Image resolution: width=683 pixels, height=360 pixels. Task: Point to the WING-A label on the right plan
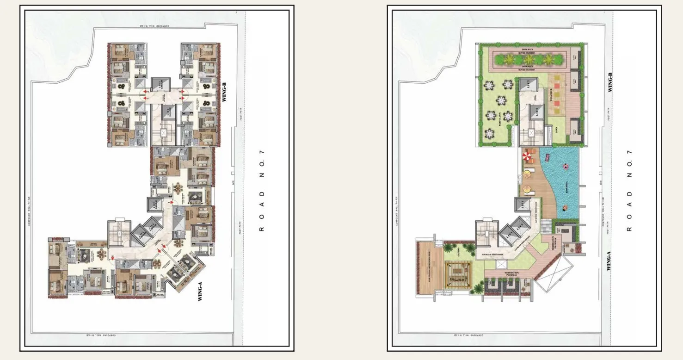pyautogui.click(x=609, y=261)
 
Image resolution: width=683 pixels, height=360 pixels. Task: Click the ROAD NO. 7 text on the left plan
pyautogui.click(x=261, y=190)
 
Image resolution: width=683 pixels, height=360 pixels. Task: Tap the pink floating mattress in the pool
pyautogui.click(x=547, y=158)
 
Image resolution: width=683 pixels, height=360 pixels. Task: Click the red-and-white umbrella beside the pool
pyautogui.click(x=527, y=157)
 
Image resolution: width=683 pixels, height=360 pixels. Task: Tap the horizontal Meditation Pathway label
pyautogui.click(x=511, y=274)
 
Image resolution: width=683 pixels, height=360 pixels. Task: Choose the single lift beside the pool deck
pyautogui.click(x=523, y=205)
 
